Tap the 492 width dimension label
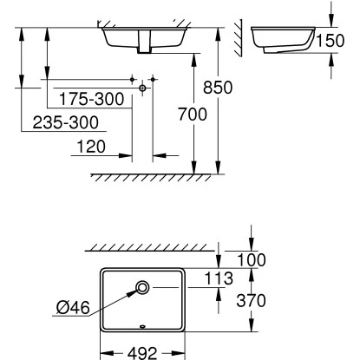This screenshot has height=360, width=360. pyautogui.click(x=142, y=352)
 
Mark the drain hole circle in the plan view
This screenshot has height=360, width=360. pyautogui.click(x=142, y=287)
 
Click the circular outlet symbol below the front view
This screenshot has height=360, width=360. pyautogui.click(x=141, y=88)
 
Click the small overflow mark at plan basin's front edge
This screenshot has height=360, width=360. pyautogui.click(x=142, y=327)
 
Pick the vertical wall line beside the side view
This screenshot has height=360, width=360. pyautogui.click(x=245, y=39)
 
